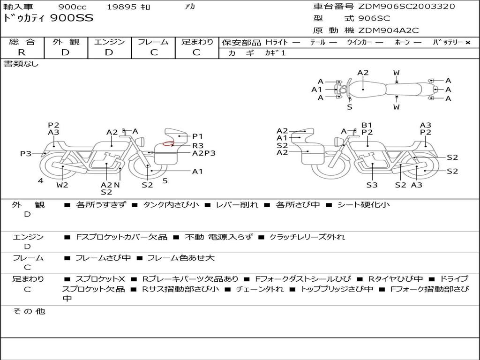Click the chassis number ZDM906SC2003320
(406, 7)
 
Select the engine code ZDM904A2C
(389, 30)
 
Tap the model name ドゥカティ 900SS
(48, 19)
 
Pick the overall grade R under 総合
(22, 52)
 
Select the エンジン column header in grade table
(109, 42)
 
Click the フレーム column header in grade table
(153, 42)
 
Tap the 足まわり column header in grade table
(197, 42)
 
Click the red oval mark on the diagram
(168, 143)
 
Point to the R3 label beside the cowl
(198, 145)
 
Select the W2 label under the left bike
(62, 185)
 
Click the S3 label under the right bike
(372, 185)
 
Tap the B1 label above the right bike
(367, 125)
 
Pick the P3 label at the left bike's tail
(25, 153)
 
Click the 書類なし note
(21, 64)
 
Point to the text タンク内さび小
(171, 204)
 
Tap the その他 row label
(29, 311)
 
